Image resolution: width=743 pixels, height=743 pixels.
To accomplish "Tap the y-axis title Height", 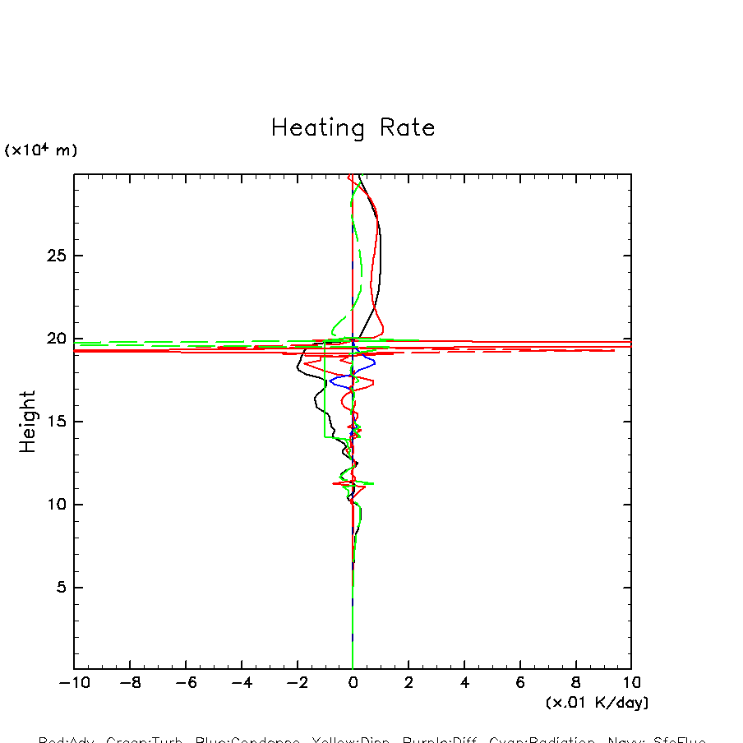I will (x=28, y=422).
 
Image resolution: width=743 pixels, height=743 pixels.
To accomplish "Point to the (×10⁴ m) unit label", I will (x=41, y=150).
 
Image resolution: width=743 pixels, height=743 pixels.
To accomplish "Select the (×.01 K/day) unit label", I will (x=597, y=703).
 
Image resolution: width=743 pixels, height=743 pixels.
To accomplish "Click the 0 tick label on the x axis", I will (x=353, y=682).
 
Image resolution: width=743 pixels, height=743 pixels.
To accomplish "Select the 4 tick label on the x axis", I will (x=464, y=682).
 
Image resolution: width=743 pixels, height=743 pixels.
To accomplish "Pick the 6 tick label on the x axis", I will (x=520, y=682).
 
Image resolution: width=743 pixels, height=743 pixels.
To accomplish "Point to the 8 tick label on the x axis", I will (x=575, y=682).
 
